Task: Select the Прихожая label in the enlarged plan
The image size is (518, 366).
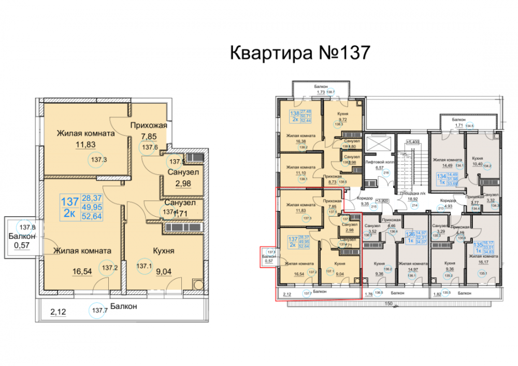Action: point(148,125)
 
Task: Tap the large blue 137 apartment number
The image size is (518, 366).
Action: point(70,201)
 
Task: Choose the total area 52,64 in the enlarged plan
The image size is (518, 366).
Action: point(91,217)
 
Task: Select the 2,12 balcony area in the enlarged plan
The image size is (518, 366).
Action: point(58,312)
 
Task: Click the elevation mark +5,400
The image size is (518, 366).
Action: point(412,141)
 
